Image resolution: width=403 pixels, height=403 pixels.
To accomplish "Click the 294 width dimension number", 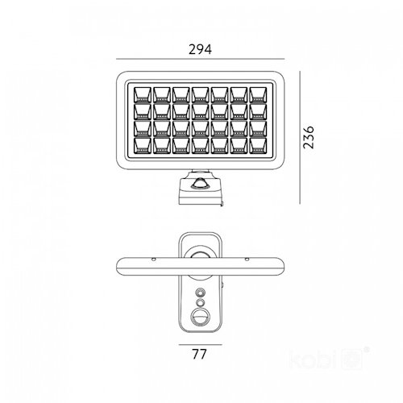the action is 200,49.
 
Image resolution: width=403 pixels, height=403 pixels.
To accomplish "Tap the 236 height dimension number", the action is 309,137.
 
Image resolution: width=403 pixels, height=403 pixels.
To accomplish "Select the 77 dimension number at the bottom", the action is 199,354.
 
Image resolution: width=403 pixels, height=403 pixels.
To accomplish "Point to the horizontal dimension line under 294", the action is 200,59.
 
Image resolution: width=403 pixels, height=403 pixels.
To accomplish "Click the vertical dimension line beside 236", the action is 300,137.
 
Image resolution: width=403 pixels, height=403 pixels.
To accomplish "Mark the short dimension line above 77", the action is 201,344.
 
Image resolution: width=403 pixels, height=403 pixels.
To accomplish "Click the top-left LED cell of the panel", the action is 143,94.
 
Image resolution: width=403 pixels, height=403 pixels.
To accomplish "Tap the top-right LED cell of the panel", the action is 258,94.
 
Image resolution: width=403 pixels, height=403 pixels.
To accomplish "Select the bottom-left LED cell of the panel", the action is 143,145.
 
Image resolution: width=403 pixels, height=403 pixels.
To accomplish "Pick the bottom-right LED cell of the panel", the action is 258,145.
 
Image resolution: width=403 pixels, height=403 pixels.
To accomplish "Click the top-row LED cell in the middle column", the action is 201,94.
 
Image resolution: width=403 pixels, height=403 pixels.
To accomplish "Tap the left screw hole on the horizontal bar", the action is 153,260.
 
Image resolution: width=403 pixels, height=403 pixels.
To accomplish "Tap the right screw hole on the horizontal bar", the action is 247,260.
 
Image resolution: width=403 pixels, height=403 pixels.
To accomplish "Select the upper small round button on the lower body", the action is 200,292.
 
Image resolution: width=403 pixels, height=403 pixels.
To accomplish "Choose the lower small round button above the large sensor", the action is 200,303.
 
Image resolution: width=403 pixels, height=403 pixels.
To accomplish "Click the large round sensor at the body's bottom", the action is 200,318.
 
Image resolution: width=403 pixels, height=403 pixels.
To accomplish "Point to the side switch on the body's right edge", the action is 222,285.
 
